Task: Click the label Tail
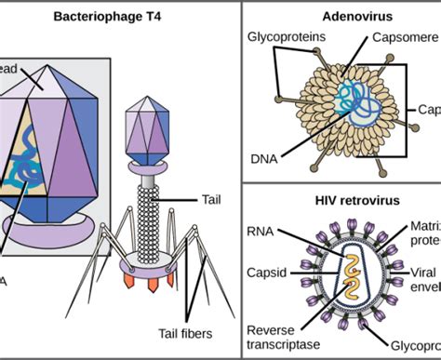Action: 210,198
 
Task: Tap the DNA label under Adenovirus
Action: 264,159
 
